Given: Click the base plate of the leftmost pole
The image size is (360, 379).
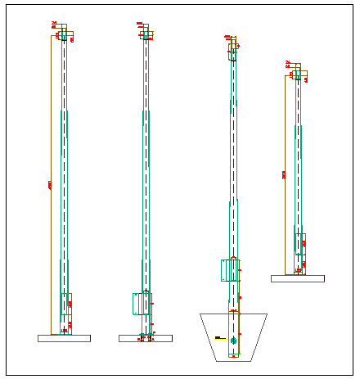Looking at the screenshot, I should click(64, 338).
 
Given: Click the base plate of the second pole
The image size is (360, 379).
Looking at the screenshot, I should click(145, 338).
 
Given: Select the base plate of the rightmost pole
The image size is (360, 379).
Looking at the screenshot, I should click(297, 278).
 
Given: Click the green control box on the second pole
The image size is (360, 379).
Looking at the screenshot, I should click(140, 304).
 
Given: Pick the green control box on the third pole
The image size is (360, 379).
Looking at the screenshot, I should click(229, 270).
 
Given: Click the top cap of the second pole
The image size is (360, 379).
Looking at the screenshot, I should click(146, 34).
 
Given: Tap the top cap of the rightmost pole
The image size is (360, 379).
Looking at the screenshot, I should click(299, 74).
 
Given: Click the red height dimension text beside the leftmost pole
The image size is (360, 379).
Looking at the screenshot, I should click(50, 186).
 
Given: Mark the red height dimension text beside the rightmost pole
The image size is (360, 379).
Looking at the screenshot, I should click(284, 174).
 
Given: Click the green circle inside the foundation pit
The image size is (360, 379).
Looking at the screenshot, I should click(233, 340).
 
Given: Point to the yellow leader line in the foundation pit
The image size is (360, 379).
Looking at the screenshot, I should click(223, 337).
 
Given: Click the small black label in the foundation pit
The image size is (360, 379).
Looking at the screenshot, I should click(218, 337).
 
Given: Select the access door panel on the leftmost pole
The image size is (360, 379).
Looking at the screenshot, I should click(66, 304).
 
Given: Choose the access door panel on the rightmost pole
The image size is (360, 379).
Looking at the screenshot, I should click(300, 244).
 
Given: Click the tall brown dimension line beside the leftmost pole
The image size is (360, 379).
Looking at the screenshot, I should click(52, 246).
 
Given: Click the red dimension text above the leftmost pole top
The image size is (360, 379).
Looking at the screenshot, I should click(54, 25).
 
